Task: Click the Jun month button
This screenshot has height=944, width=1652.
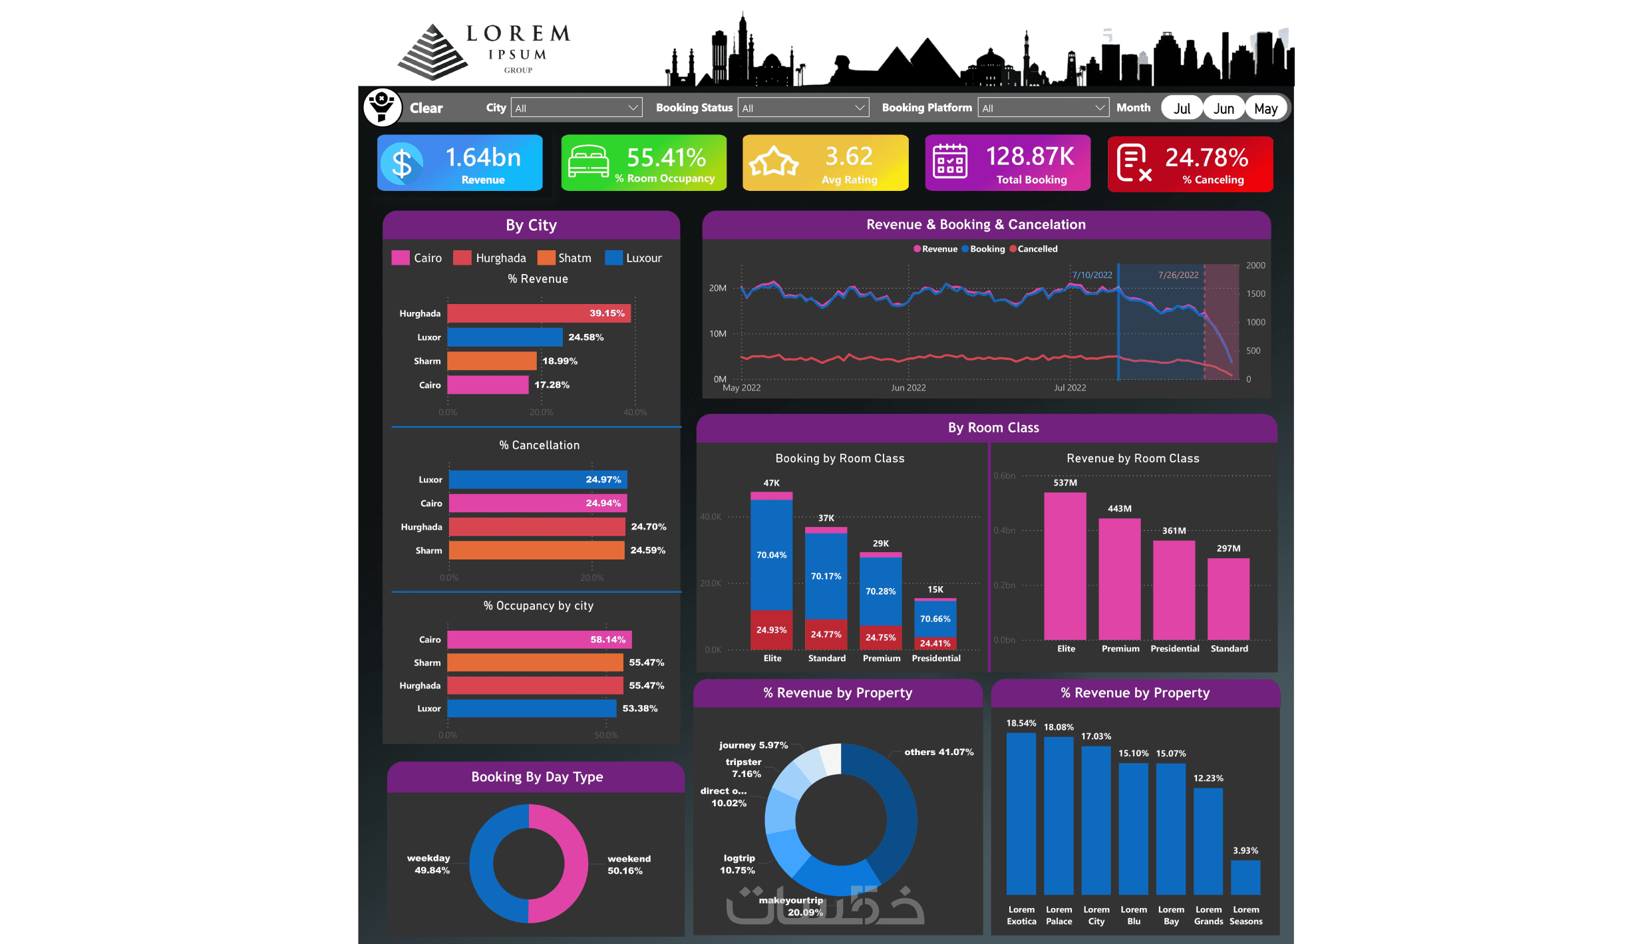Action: pos(1224,108)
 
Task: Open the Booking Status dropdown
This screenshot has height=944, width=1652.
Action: pos(803,108)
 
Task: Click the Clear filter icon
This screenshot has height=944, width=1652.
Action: pos(383,107)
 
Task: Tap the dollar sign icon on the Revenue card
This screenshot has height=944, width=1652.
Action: pos(403,164)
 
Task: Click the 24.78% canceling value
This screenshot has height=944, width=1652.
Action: pos(1206,158)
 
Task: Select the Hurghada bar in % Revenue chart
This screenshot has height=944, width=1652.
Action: pos(538,313)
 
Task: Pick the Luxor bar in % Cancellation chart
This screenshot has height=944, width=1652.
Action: pos(537,480)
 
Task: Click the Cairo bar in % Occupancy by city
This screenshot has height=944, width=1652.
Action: pos(539,639)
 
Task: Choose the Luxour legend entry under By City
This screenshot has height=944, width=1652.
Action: pos(633,258)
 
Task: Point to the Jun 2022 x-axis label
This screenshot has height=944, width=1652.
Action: pos(908,388)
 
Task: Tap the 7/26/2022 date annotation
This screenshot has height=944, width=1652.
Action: pos(1178,275)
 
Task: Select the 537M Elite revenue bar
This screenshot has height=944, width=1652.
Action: pos(1065,565)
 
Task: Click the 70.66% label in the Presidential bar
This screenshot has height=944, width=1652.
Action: pos(935,619)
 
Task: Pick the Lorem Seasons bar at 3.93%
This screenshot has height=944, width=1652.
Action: pos(1245,877)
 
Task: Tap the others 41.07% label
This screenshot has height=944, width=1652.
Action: pos(938,752)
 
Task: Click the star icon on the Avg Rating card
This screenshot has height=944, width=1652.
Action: pos(774,162)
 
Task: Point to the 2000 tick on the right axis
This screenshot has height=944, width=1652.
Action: pos(1255,265)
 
